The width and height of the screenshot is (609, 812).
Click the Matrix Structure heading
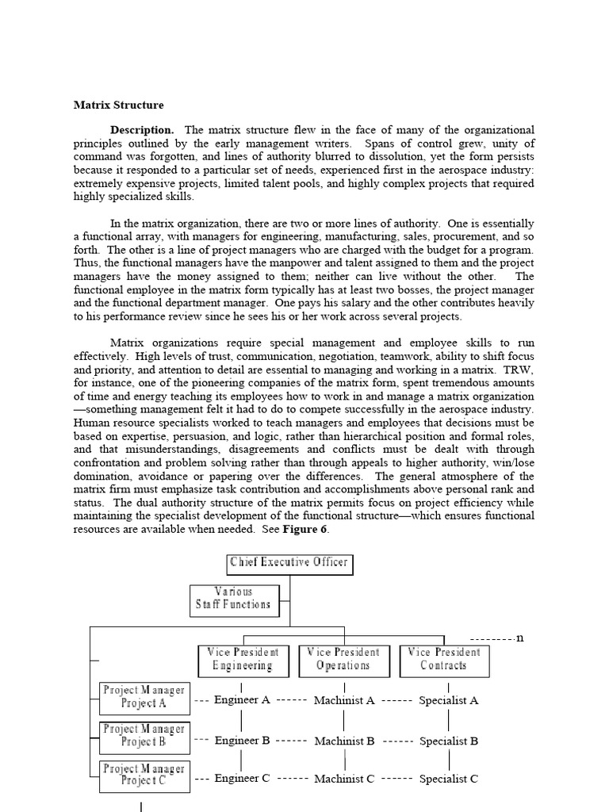[119, 105]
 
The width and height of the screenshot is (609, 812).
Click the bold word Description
[142, 129]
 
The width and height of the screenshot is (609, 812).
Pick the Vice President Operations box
[343, 660]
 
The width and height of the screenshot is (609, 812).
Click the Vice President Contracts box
[444, 660]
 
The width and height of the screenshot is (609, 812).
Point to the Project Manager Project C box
[144, 775]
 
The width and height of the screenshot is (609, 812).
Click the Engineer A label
[243, 700]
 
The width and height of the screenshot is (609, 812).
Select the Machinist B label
[344, 741]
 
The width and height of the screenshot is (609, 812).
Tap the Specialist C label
[449, 779]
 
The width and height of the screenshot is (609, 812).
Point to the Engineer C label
[243, 779]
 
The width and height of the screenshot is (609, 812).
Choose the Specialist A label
[449, 701]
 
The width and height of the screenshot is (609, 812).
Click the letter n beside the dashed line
[520, 638]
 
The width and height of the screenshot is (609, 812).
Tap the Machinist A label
[344, 701]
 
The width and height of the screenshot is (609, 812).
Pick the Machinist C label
[344, 779]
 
